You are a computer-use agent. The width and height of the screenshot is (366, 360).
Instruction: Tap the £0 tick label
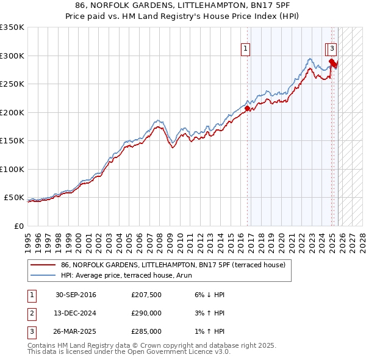click(19, 226)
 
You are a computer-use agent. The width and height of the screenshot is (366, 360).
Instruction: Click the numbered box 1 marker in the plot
click(245, 49)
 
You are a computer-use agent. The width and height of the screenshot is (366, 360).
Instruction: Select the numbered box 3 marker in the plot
click(332, 49)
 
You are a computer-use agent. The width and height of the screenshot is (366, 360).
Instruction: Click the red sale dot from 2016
click(248, 109)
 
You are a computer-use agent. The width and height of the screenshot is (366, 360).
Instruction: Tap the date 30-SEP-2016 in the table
click(76, 295)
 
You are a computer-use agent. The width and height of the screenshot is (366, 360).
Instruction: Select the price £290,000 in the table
click(146, 314)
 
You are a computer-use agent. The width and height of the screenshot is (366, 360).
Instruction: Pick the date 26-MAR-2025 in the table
click(76, 332)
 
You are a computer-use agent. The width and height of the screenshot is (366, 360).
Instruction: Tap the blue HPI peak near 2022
click(310, 59)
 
